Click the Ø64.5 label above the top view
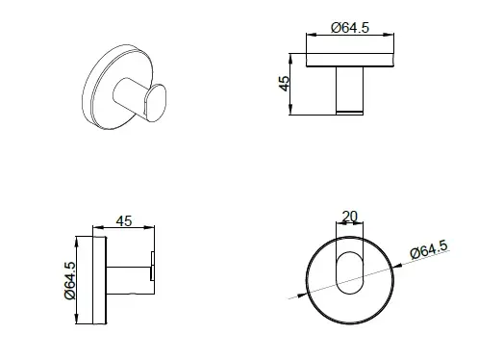click(x=350, y=28)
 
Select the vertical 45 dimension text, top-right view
click(x=285, y=84)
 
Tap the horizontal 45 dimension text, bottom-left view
click(x=124, y=221)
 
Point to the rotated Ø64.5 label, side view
click(x=70, y=281)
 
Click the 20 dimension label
click(x=350, y=217)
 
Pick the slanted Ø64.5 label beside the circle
click(x=429, y=249)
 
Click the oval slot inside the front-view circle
click(x=350, y=272)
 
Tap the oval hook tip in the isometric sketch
click(x=156, y=103)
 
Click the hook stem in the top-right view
click(x=350, y=90)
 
